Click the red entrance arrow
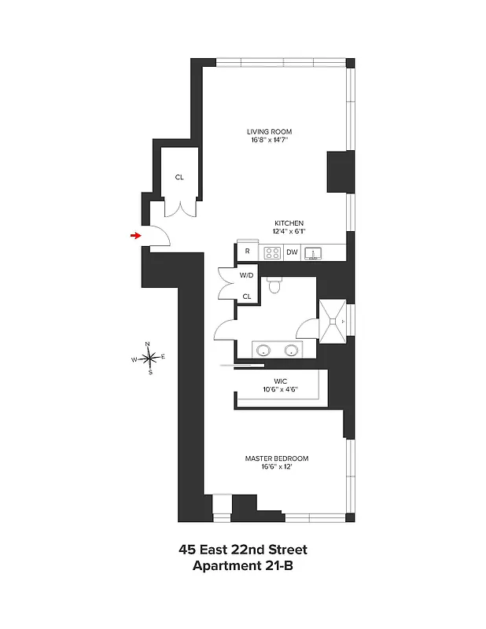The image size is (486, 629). tap(136, 234)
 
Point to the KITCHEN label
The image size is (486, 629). tap(289, 223)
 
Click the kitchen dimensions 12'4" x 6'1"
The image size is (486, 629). tap(289, 232)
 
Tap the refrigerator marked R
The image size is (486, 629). tap(247, 252)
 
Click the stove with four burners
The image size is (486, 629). tap(272, 252)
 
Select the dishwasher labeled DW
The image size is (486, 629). tap(292, 252)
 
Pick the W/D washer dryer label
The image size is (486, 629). tap(247, 275)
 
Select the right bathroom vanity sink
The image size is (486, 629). tap(293, 350)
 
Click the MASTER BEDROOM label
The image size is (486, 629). tap(276, 458)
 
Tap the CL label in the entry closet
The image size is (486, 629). tap(179, 177)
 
